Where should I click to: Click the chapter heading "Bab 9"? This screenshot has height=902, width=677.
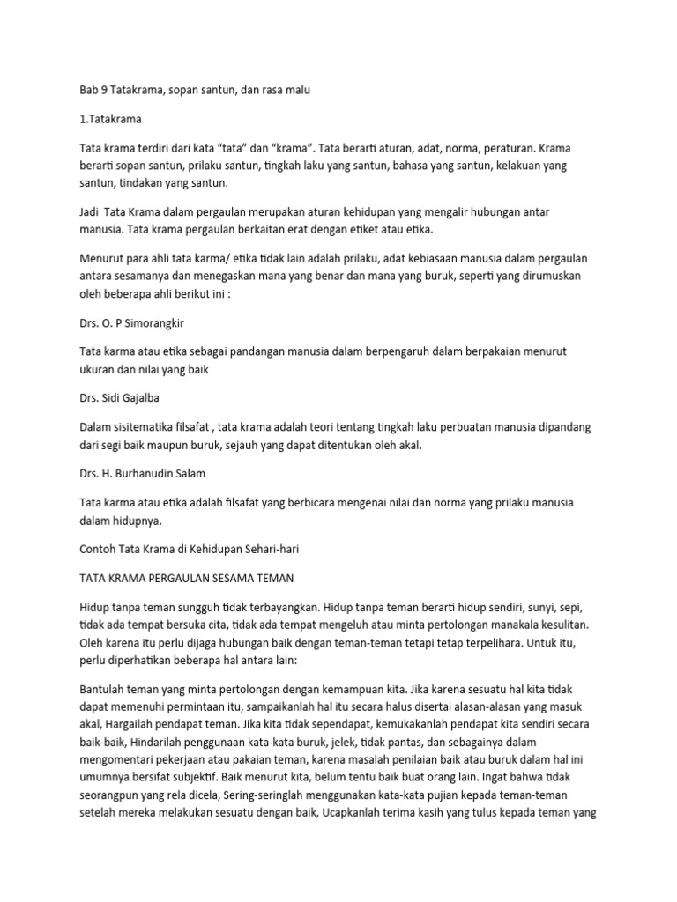tap(93, 90)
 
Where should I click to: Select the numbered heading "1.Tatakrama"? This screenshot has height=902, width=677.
tap(109, 117)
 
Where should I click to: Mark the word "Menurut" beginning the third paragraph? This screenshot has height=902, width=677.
tap(103, 258)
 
